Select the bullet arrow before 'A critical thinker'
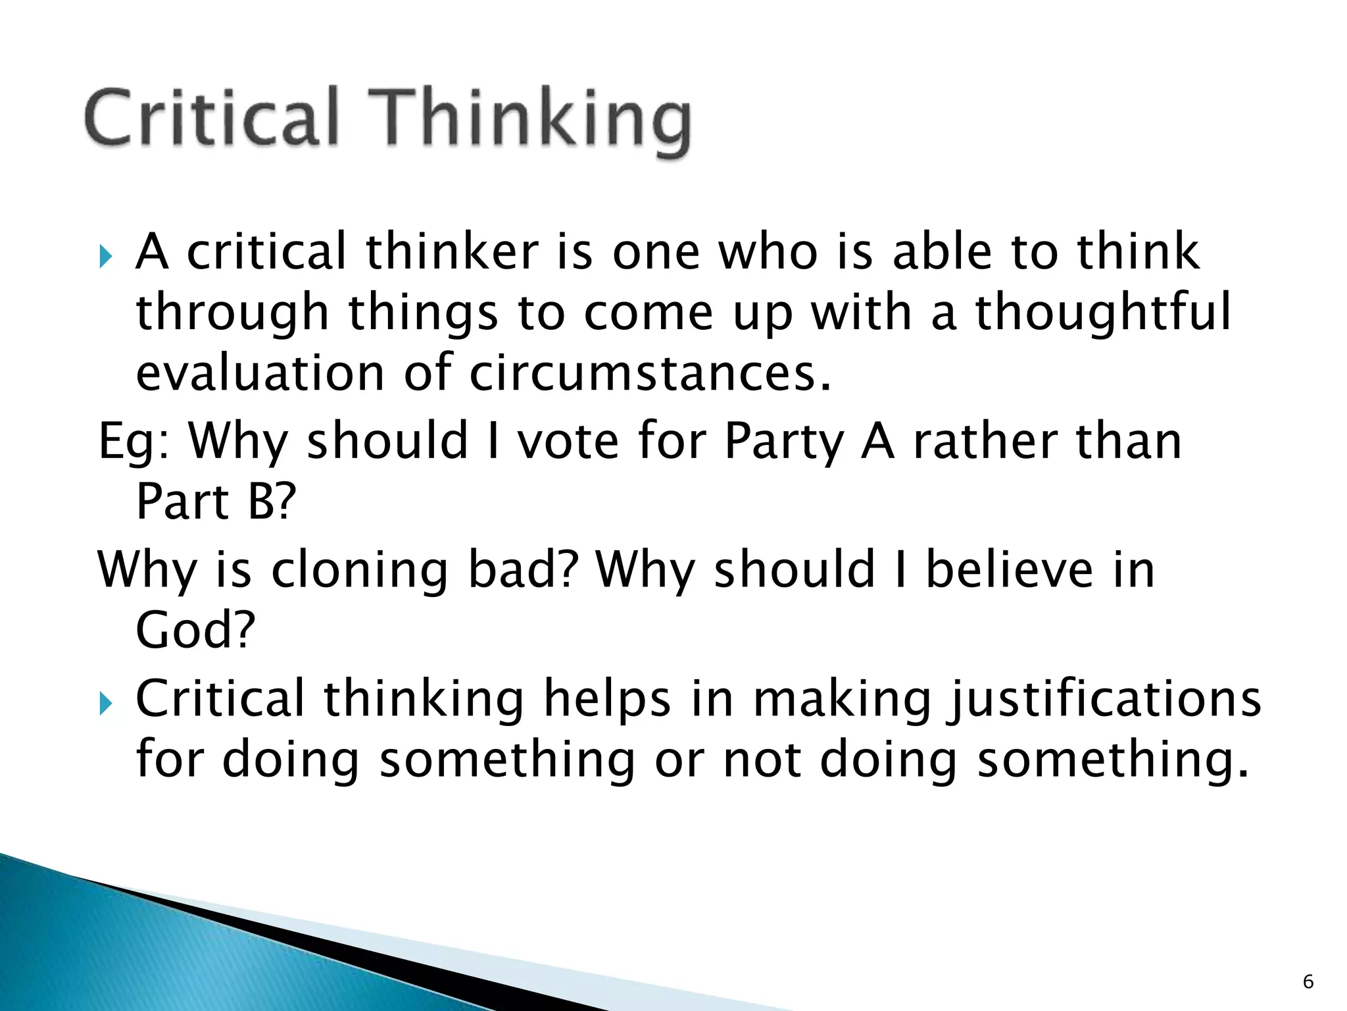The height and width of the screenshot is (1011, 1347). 106,255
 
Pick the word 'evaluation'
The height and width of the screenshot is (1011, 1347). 260,373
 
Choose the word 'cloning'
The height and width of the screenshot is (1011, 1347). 360,570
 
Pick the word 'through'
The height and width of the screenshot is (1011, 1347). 232,313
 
